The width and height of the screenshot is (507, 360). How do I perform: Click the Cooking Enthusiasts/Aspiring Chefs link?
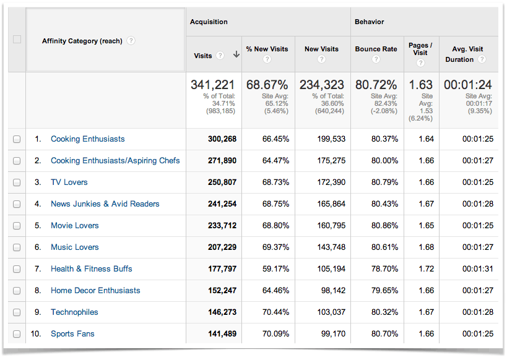click(115, 161)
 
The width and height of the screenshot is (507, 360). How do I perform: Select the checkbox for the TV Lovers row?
click(17, 182)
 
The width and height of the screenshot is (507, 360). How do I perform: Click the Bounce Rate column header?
click(376, 49)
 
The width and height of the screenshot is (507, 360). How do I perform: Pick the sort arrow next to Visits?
click(236, 55)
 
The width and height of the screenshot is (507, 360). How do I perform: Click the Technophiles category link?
click(74, 312)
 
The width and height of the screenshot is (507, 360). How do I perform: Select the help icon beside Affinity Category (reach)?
click(131, 41)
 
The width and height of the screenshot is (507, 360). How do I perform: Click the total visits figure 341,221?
click(213, 85)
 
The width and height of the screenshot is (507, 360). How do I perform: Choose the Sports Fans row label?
click(72, 334)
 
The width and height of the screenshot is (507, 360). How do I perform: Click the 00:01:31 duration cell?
click(477, 269)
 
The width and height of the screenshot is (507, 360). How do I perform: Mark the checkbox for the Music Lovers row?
click(17, 247)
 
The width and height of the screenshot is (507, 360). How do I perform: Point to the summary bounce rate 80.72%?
click(376, 85)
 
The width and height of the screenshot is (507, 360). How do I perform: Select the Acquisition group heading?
click(209, 22)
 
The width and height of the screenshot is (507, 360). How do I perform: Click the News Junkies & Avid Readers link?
click(105, 204)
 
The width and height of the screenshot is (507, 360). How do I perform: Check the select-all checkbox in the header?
click(17, 40)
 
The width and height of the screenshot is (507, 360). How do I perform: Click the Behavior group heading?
click(369, 22)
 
